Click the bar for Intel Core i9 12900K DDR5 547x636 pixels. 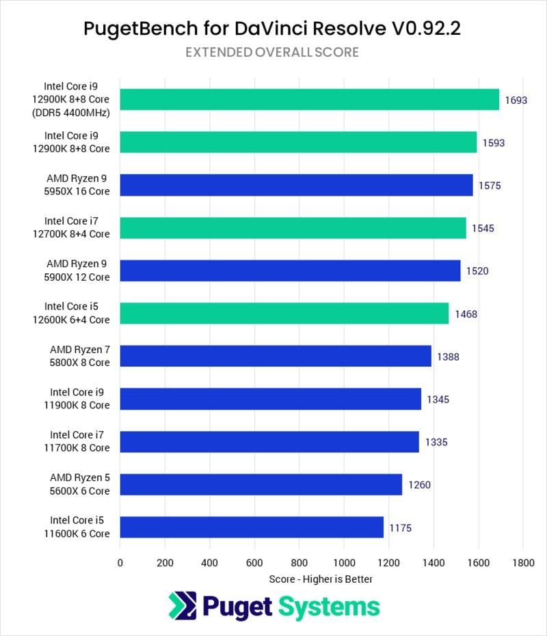coord(309,99)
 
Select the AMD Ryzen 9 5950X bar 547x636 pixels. coord(296,185)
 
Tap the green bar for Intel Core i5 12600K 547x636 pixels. coord(284,314)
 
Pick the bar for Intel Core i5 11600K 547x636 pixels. coord(251,527)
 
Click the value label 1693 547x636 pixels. coord(516,100)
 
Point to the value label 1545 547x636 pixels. coord(483,228)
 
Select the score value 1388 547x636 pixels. coord(447,357)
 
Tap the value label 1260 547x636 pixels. coord(419,485)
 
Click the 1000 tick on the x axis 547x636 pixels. coord(343,563)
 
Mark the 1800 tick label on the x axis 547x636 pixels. coord(522,563)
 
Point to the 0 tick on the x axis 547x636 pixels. coord(120,563)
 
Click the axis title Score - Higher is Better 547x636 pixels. coord(321,579)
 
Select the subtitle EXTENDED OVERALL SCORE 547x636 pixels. coord(272,53)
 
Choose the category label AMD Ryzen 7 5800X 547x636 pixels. coord(79,357)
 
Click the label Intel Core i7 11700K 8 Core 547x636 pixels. coord(79,441)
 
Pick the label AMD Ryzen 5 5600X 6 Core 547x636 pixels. coord(79,484)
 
